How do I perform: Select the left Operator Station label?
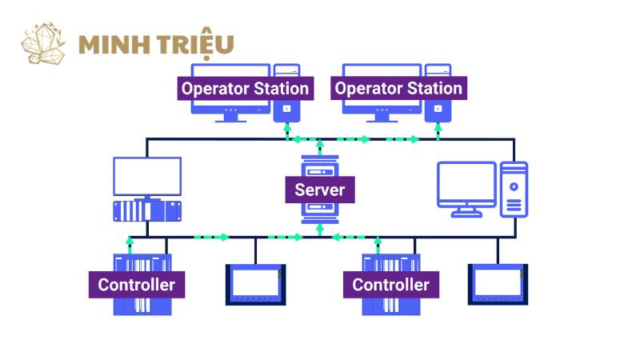[245, 88]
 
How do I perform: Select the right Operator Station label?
[398, 88]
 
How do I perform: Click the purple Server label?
[320, 190]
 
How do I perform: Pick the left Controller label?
[136, 284]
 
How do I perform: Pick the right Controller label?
[390, 284]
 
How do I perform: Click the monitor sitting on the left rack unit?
[147, 177]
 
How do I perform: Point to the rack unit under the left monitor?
[147, 211]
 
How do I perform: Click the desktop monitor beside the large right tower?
[466, 184]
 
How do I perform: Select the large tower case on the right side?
[514, 189]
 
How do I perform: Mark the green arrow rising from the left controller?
[130, 242]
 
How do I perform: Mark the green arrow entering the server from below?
[320, 229]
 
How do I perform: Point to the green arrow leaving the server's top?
[320, 145]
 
